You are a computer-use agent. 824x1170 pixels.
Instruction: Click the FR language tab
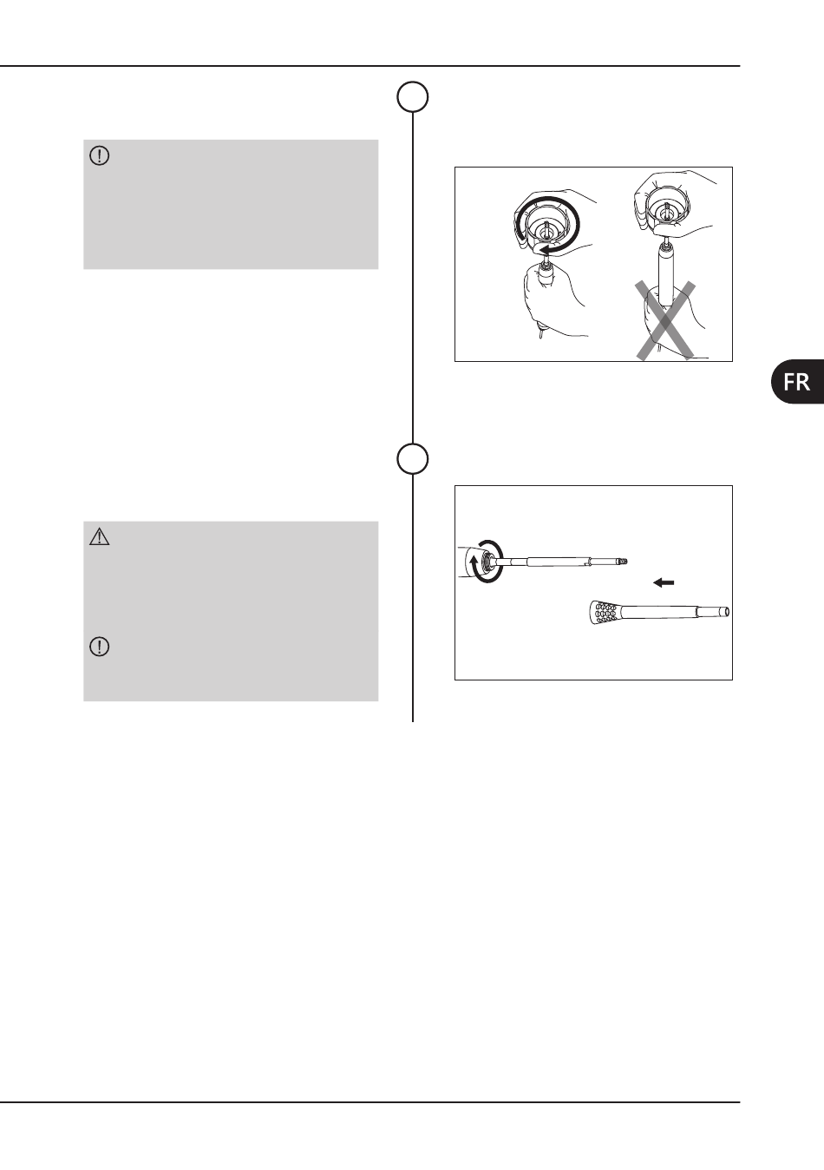coord(797,381)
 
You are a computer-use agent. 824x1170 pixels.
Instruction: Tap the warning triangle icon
coord(99,537)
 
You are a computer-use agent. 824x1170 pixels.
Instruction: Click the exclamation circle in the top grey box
coord(99,155)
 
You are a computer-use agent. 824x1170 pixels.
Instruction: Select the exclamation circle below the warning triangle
coord(99,647)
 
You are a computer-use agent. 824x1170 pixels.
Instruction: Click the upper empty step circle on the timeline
coord(413,97)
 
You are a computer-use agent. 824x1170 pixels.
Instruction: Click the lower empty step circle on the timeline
coord(413,458)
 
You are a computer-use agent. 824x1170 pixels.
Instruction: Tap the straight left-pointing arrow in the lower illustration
coord(664,582)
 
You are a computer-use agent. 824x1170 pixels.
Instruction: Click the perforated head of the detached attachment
coord(603,613)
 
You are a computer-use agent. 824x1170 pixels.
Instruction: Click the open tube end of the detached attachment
coord(724,612)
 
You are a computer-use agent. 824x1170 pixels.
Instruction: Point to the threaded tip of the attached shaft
coord(622,562)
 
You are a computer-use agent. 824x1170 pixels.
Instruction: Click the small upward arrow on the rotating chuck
coord(474,565)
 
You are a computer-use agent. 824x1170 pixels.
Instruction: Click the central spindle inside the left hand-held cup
coord(545,230)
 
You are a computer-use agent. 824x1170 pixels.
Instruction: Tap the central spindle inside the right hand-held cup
coord(668,212)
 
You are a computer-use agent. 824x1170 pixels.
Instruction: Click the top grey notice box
coord(231,204)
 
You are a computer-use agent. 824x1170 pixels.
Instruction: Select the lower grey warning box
coord(231,611)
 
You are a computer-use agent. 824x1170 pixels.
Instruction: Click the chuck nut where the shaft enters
coord(486,562)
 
